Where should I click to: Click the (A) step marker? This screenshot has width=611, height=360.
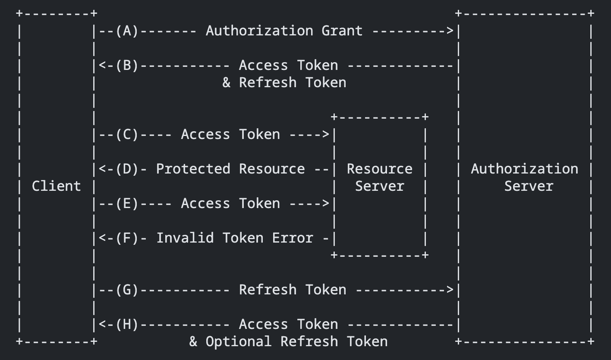click(x=127, y=31)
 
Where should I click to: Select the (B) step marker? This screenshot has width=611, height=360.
click(x=127, y=66)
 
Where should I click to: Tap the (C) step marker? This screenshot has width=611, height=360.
click(x=127, y=135)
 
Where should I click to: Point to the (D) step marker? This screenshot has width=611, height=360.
click(x=127, y=169)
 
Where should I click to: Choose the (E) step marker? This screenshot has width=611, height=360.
click(x=127, y=204)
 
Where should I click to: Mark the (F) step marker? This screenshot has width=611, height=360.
click(x=127, y=238)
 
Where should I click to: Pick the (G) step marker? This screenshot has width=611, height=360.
click(x=127, y=290)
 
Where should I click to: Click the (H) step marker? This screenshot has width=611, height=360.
click(x=127, y=325)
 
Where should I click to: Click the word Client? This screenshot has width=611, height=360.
click(x=56, y=186)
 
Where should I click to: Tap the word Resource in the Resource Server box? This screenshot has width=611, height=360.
click(x=379, y=169)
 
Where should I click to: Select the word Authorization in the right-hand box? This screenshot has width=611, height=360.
click(x=524, y=169)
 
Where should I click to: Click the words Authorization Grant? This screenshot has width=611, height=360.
click(x=284, y=31)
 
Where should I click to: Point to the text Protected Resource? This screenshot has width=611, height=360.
click(x=230, y=169)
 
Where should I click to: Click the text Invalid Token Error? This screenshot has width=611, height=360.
click(x=234, y=238)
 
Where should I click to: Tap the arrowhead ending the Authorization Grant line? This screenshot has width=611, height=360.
click(x=450, y=31)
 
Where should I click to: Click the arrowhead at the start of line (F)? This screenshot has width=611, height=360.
click(x=102, y=238)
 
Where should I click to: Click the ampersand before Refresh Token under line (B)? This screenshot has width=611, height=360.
click(x=226, y=83)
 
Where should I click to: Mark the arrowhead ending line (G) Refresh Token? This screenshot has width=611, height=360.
click(x=450, y=290)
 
